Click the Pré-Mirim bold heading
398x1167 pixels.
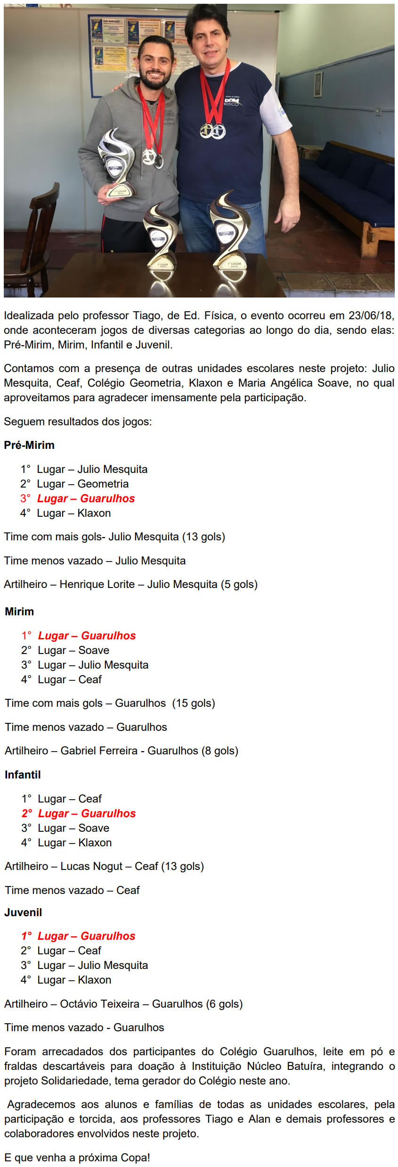pos(29,445)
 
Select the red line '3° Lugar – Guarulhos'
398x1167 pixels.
pos(78,498)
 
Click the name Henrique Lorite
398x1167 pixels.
pos(97,584)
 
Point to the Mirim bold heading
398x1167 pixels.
pos(19,612)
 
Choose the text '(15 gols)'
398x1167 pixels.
pos(194,703)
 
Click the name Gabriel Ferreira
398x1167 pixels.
pos(99,751)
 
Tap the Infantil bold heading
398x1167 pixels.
pos(23,775)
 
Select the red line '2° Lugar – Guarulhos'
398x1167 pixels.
pos(79,813)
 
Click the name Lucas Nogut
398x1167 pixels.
pos(91,866)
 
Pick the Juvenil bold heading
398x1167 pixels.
pos(23,912)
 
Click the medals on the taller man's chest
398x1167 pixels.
pos(212,131)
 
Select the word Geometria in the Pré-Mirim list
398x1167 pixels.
pos(103,484)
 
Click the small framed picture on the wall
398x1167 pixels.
pos(318,83)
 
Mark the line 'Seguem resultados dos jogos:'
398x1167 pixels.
pos(78,422)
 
